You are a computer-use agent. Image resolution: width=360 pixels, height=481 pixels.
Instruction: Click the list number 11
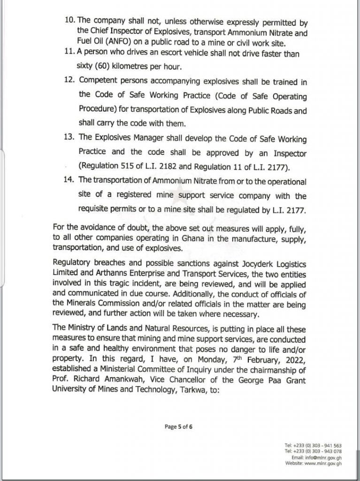point(69,53)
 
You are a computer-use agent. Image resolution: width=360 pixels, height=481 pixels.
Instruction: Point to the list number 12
point(69,82)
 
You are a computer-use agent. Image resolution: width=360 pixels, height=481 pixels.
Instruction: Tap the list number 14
point(69,181)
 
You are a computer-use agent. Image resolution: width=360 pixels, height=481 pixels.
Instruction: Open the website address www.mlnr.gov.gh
point(324,463)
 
